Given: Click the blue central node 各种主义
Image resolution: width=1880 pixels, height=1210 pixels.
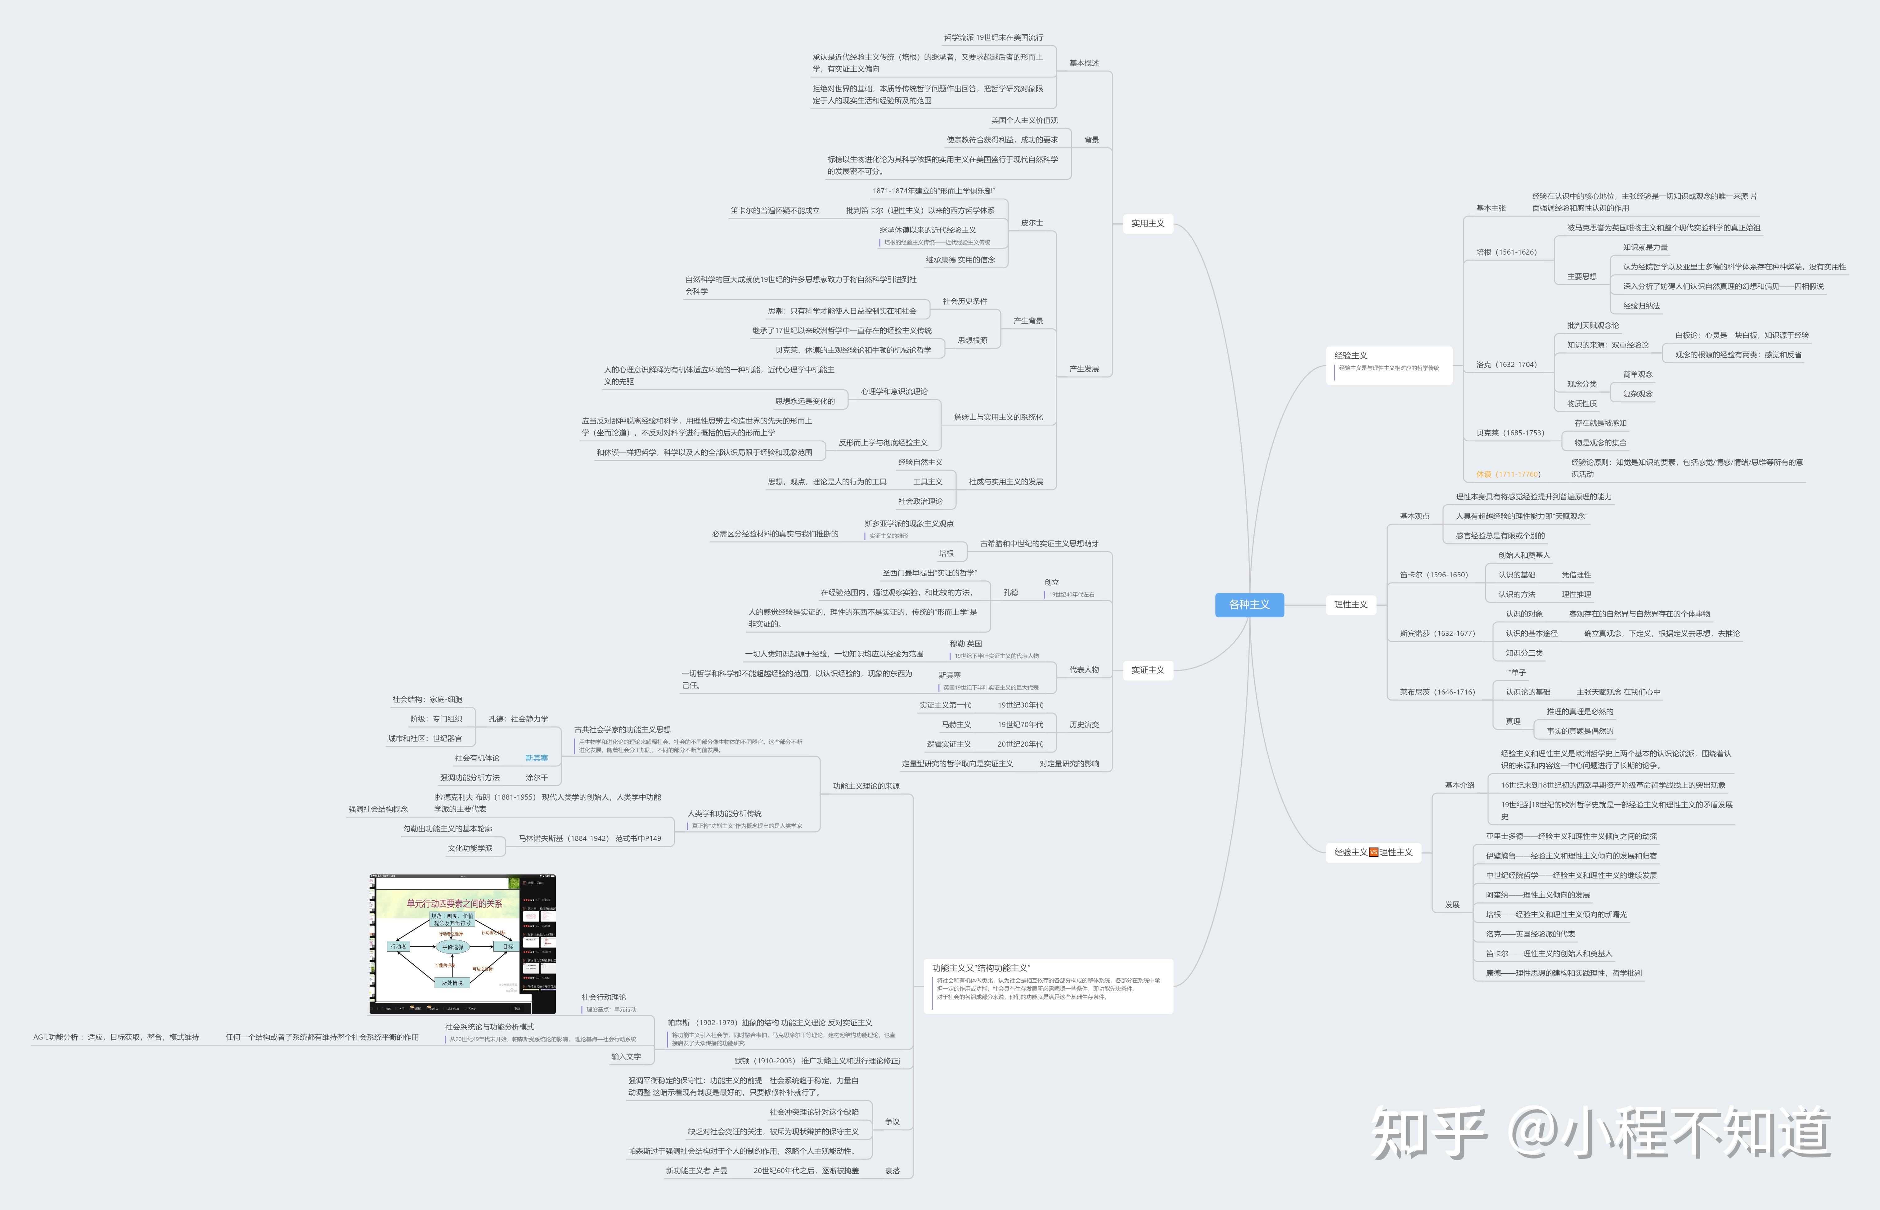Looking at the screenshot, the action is pos(1249,604).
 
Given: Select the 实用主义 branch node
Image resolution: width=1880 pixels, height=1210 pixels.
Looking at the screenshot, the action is pos(1148,223).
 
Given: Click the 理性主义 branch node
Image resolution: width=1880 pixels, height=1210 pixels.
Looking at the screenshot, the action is pos(1350,604).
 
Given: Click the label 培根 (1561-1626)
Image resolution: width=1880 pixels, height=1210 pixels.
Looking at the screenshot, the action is pos(1506,252).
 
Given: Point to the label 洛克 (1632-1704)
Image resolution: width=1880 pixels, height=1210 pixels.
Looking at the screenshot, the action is pos(1506,364).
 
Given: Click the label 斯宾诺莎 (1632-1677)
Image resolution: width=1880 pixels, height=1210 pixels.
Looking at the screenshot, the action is pos(1437,633).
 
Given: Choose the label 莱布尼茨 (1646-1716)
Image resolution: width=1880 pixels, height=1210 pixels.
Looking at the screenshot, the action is pos(1437,692).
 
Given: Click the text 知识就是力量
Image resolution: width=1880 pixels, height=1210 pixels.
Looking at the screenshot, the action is pos(1645,248).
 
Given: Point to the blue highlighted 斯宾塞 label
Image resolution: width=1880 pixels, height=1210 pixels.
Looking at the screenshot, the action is pos(537,758).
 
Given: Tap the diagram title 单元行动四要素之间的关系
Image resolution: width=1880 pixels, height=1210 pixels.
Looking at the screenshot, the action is pos(454,904).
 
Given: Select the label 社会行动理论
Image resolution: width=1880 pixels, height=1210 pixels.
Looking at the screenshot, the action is pos(604,997).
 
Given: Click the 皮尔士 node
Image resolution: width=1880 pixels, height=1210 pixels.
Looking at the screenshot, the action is pos(1031,223).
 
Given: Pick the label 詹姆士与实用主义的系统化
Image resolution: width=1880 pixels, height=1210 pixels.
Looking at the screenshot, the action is pos(998,417).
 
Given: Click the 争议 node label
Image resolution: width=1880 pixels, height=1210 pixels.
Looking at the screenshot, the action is pos(892,1122).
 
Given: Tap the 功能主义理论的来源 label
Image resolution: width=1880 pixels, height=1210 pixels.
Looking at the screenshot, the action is pos(866,786).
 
